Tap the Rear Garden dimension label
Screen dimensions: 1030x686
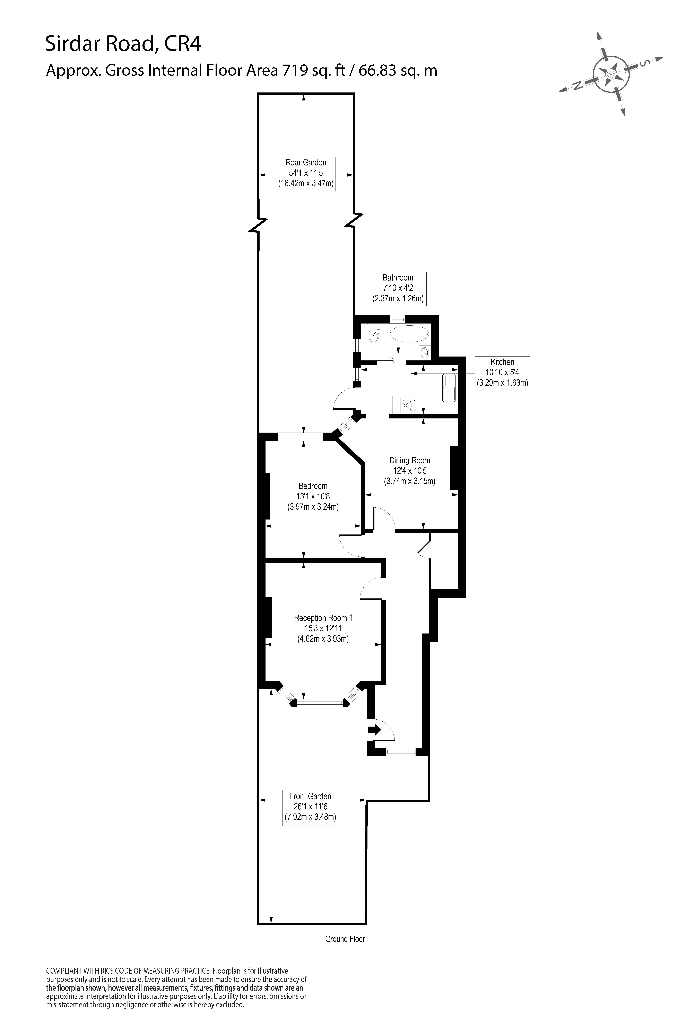pyautogui.click(x=306, y=173)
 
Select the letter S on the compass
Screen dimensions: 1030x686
pyautogui.click(x=643, y=64)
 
